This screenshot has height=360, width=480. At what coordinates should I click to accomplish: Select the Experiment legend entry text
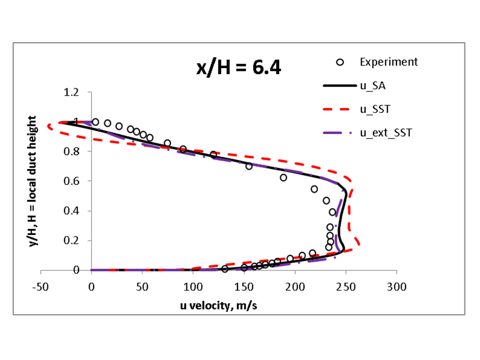pyautogui.click(x=388, y=62)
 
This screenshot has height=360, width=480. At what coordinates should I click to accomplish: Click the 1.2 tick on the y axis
pyautogui.click(x=71, y=92)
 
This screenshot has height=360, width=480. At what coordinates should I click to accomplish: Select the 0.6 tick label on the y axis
pyautogui.click(x=71, y=181)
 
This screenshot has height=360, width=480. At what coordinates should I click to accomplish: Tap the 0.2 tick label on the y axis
pyautogui.click(x=71, y=240)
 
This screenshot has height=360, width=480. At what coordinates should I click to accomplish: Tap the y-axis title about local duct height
pyautogui.click(x=34, y=181)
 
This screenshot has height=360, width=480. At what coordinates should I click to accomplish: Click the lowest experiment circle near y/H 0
pyautogui.click(x=224, y=269)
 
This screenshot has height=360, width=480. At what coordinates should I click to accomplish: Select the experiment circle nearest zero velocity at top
pyautogui.click(x=95, y=122)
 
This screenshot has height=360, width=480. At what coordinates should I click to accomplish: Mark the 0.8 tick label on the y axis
pyautogui.click(x=71, y=151)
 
